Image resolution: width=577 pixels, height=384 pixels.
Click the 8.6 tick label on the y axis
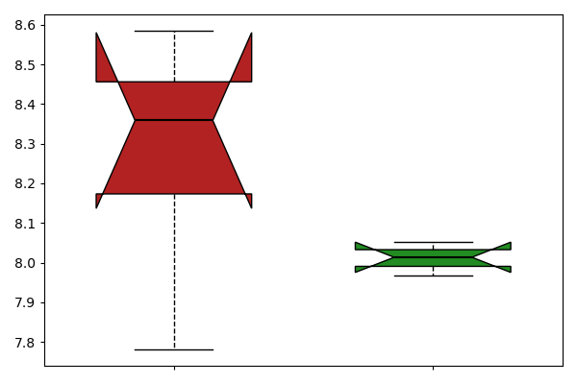pos(25,25)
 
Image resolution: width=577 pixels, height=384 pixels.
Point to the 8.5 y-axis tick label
pos(25,65)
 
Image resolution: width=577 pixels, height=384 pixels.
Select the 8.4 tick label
pos(25,105)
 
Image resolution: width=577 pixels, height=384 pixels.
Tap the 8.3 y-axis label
pos(25,144)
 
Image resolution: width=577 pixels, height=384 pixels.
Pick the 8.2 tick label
pos(25,183)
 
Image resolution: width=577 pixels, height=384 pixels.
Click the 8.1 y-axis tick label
pos(25,224)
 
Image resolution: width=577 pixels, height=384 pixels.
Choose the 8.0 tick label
pos(25,263)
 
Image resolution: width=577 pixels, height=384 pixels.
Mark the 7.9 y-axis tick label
pos(25,302)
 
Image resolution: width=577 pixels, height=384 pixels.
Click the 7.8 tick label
pos(25,343)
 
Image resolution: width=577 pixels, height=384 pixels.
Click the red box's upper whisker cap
pos(174,32)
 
